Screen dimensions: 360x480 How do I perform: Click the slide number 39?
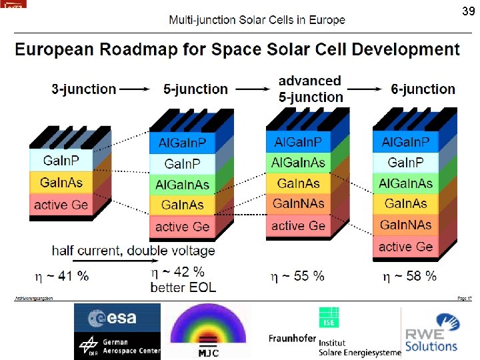(x=468, y=11)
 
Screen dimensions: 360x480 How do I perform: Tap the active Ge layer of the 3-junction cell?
(x=61, y=204)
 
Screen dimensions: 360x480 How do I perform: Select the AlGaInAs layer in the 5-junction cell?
(x=183, y=185)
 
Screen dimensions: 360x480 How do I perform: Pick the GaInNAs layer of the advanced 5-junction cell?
(x=299, y=203)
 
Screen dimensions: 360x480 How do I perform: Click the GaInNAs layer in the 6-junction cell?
(x=405, y=225)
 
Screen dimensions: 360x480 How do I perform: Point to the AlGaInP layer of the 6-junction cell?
(x=405, y=142)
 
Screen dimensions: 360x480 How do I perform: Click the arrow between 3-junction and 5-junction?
(x=139, y=89)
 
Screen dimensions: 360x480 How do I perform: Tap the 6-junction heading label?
(x=423, y=89)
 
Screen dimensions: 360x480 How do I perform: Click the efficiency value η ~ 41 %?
(x=61, y=275)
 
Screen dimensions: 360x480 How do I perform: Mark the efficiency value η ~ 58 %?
(x=409, y=275)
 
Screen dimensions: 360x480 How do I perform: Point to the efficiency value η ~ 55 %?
(x=297, y=275)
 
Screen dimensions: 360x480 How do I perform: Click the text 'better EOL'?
(x=183, y=288)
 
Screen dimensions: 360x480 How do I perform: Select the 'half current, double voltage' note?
(x=133, y=251)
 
